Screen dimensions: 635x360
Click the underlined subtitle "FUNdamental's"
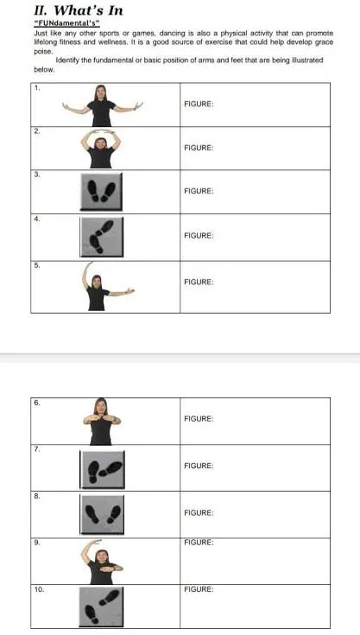66,23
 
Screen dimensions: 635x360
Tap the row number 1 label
36,89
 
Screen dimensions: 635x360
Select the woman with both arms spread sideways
102,105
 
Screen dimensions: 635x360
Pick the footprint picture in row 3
101,191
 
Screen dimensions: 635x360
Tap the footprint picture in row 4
101,236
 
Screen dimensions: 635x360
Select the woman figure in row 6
101,421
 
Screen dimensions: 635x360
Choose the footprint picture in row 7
102,467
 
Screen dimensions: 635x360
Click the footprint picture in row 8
102,515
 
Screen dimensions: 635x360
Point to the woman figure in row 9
102,562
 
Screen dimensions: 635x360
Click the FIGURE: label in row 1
199,104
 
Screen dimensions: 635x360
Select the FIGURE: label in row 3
199,190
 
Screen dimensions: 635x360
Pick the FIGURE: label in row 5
199,282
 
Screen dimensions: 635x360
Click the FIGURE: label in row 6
199,418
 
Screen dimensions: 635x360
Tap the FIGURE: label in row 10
199,589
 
